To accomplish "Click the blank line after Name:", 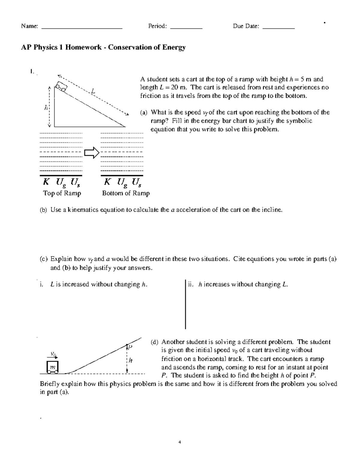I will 82,28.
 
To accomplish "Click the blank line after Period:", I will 186,28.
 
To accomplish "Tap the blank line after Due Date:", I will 278,28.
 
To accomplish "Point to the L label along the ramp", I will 93,90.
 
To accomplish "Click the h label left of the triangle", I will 46,107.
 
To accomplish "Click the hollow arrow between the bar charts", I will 91,153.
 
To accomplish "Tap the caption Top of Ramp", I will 62,193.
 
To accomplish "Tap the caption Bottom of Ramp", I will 126,193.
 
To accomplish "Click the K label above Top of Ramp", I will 46,182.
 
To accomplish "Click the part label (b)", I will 43,210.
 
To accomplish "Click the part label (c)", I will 43,259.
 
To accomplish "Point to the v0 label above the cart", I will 53,354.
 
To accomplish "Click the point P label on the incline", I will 130,347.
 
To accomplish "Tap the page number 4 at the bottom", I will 180,442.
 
